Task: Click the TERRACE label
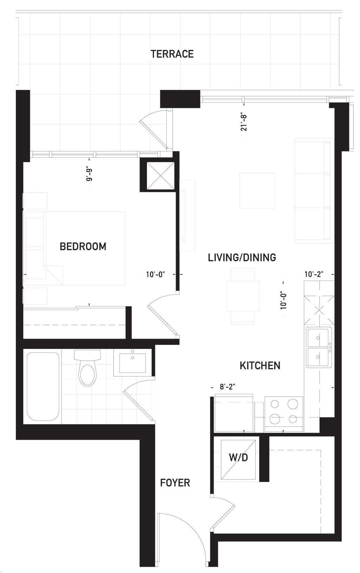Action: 172,54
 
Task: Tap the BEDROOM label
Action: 83,246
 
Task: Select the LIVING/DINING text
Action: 242,257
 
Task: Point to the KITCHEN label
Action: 260,365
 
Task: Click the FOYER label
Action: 175,483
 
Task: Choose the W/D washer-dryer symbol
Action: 238,460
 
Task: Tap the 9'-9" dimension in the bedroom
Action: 89,175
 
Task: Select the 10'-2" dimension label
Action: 314,274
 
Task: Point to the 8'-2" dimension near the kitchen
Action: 227,386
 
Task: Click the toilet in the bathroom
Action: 87,367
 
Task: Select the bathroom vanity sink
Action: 133,363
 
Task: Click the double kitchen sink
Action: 319,347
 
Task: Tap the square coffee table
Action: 257,190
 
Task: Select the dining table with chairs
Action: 243,296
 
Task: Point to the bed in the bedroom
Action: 74,248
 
